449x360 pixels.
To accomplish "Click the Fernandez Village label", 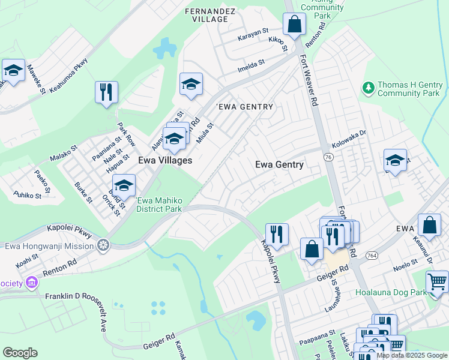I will pyautogui.click(x=207, y=15).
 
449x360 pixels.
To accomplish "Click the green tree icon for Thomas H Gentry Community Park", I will pyautogui.click(x=368, y=89).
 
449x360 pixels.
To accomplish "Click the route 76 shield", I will pyautogui.click(x=328, y=157).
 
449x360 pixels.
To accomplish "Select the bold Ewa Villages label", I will pyautogui.click(x=165, y=160).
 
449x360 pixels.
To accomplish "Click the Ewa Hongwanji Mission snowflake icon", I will pyautogui.click(x=103, y=245).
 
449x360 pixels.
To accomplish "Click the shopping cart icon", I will pyautogui.click(x=438, y=281).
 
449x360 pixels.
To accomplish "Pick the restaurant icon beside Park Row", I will pyautogui.click(x=106, y=92).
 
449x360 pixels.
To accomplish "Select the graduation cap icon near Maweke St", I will pyautogui.click(x=13, y=71).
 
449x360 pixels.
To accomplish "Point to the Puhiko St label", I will pyautogui.click(x=28, y=196).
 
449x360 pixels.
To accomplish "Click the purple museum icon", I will pyautogui.click(x=31, y=282).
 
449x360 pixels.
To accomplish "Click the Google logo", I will pyautogui.click(x=20, y=353).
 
